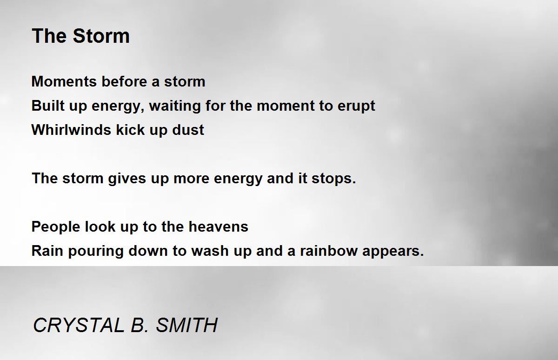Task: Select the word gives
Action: (x=126, y=179)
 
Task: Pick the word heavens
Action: (x=218, y=227)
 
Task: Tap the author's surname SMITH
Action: (x=186, y=325)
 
